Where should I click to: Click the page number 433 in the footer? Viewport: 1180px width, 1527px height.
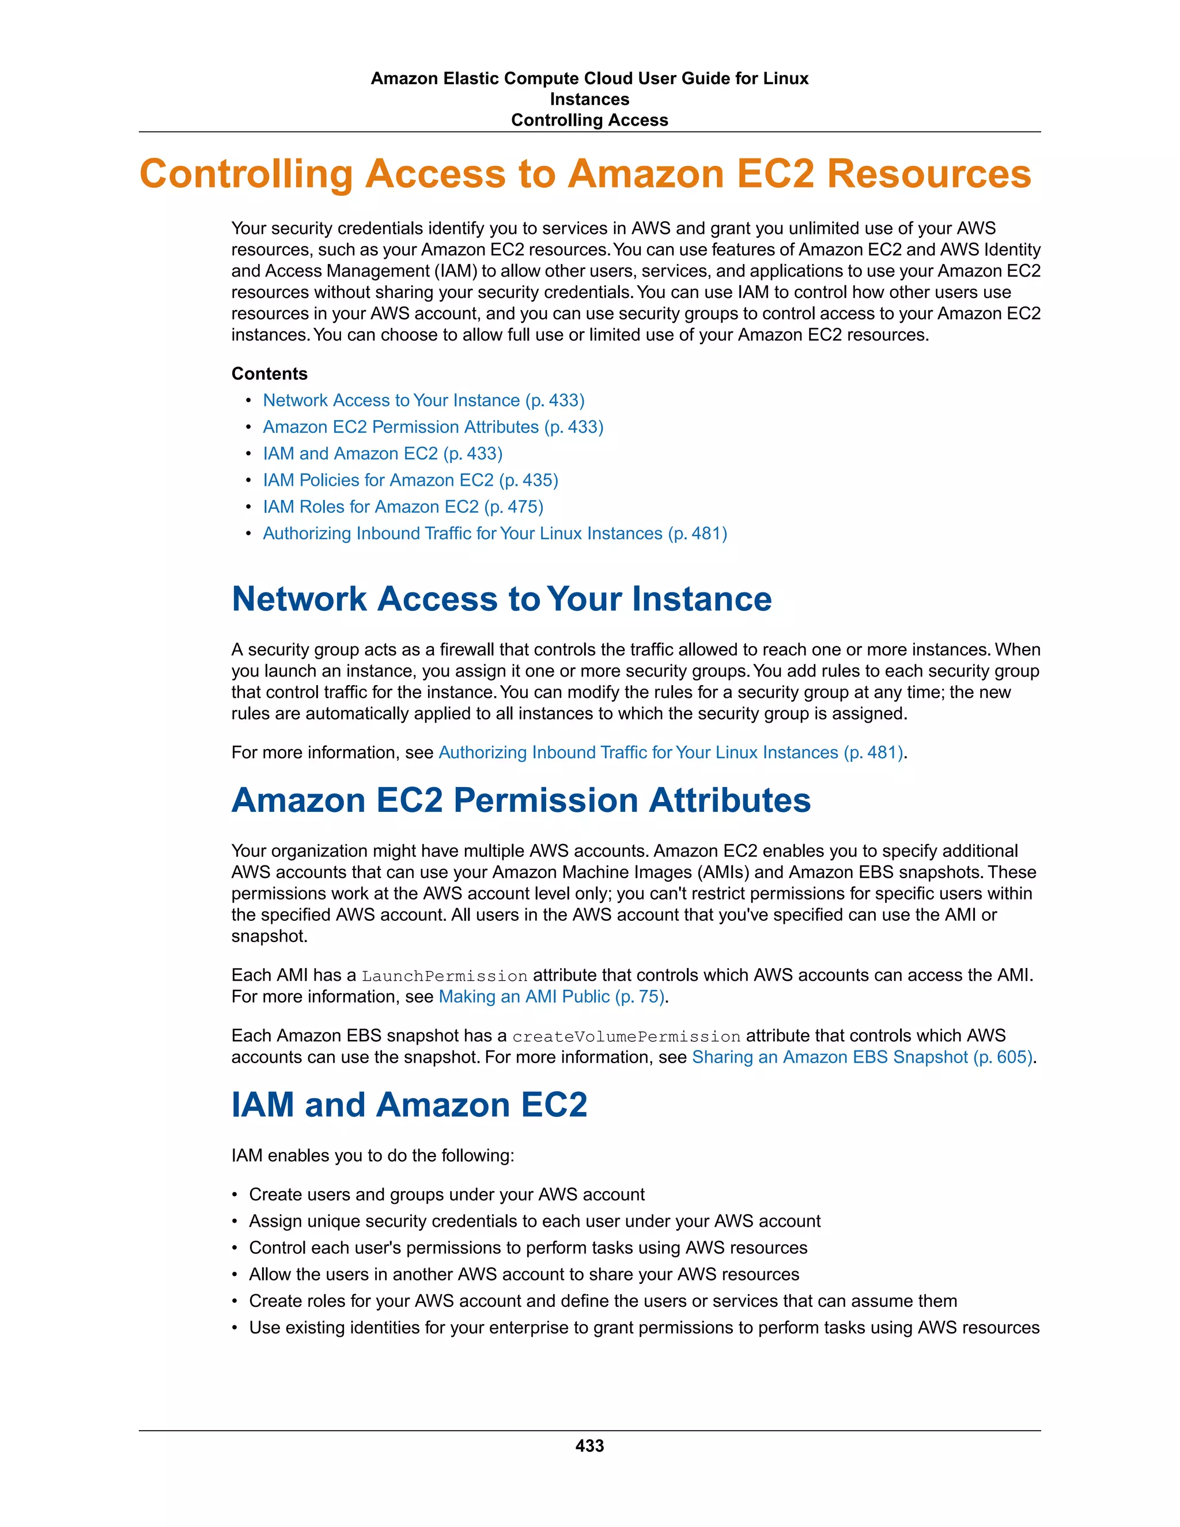click(x=589, y=1446)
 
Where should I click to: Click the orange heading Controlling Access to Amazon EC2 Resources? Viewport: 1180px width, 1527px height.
click(x=585, y=173)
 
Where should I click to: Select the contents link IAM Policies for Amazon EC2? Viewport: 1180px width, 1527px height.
click(x=410, y=481)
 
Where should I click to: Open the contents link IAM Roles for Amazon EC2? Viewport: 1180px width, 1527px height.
click(x=403, y=507)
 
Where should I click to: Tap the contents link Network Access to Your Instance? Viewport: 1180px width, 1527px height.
click(x=423, y=400)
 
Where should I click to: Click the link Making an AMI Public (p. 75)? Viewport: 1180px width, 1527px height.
click(x=551, y=996)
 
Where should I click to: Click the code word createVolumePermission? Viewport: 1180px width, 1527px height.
click(x=626, y=1036)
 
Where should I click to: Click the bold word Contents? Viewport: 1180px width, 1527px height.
click(x=269, y=374)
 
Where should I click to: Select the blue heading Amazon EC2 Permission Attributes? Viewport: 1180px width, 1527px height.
click(x=521, y=800)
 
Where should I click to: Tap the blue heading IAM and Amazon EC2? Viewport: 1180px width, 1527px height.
click(x=409, y=1105)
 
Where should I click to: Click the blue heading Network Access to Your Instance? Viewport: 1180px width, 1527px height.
click(x=501, y=599)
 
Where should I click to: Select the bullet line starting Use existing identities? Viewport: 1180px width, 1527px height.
click(x=644, y=1327)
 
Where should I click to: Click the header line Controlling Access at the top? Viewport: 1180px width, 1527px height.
click(x=589, y=120)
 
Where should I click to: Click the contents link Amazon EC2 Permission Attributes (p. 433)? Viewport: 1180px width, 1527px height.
click(x=433, y=427)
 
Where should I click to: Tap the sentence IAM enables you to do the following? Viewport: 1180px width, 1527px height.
click(x=373, y=1155)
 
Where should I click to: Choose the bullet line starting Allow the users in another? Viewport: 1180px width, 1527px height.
click(x=524, y=1274)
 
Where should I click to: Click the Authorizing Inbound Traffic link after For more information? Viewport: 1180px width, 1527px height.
click(x=671, y=753)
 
